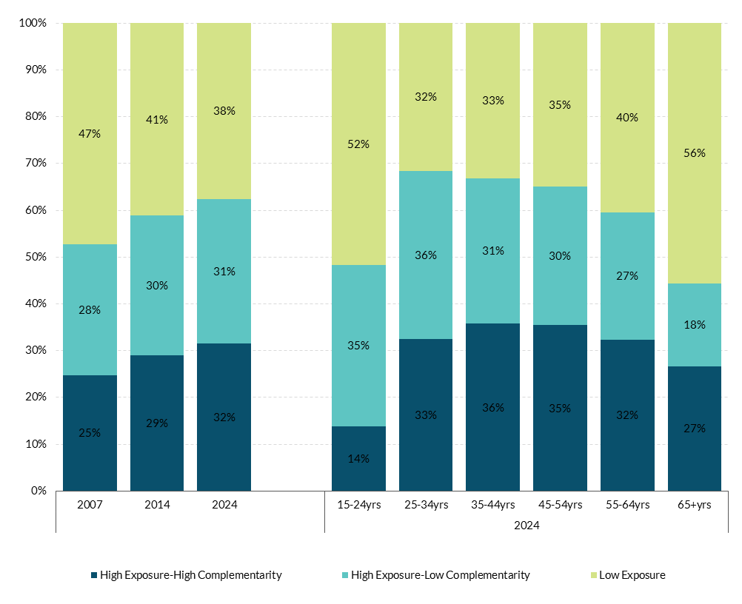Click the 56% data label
(x=695, y=153)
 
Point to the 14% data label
(x=358, y=459)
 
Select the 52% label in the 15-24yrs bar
(x=358, y=144)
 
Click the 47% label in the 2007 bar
(x=90, y=134)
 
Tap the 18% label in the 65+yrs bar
(x=695, y=325)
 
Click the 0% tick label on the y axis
(x=39, y=491)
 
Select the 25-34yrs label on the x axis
(x=425, y=505)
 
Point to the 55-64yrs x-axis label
(x=626, y=505)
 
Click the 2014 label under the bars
(x=157, y=505)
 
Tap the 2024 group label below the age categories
(x=526, y=526)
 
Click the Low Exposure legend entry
(x=632, y=575)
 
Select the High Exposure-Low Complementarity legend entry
(x=440, y=575)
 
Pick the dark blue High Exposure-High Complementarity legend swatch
(x=94, y=575)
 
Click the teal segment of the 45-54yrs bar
(x=560, y=255)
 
